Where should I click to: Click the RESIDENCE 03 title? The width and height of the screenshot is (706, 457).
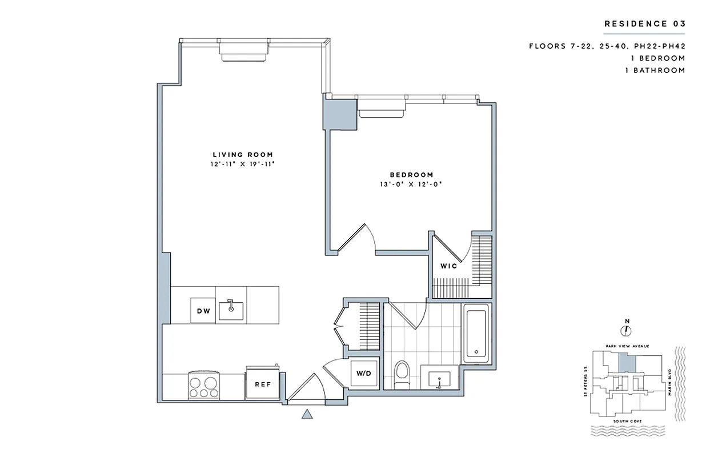tap(644, 23)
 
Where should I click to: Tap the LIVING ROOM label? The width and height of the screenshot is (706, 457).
tap(243, 154)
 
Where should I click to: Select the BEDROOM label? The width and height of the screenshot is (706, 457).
tap(411, 175)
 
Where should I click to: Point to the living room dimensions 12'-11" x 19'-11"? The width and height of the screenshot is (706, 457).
tap(243, 164)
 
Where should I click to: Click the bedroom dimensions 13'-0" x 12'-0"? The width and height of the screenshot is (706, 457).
tap(411, 185)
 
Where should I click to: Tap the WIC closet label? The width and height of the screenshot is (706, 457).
tap(448, 266)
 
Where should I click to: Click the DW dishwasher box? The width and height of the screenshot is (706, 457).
tap(203, 311)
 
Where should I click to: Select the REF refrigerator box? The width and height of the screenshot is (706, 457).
tap(262, 384)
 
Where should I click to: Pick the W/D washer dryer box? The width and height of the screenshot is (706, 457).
tap(363, 374)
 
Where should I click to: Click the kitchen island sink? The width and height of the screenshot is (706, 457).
tap(232, 309)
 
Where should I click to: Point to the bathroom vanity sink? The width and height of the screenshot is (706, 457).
tap(438, 378)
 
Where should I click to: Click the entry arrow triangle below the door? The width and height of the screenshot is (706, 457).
tap(307, 415)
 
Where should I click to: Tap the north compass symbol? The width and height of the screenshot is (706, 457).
tap(627, 330)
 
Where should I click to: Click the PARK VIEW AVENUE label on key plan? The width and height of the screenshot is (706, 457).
tap(627, 346)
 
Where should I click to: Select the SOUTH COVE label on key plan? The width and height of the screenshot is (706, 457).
tap(627, 421)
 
